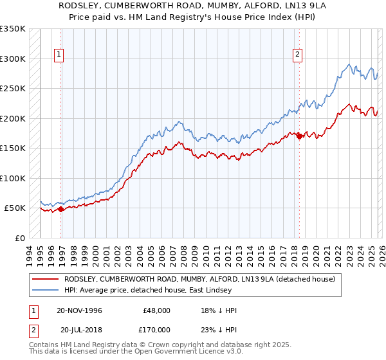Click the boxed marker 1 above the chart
(x=59, y=55)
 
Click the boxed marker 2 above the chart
(x=298, y=55)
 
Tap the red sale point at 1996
(x=60, y=209)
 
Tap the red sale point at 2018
(x=299, y=136)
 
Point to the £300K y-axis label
(x=14, y=59)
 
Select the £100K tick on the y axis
(x=14, y=178)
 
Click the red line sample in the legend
(x=45, y=280)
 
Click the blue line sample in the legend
(x=45, y=290)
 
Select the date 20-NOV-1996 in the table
(x=79, y=310)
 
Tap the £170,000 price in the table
(x=157, y=330)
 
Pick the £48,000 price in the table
(x=157, y=310)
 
